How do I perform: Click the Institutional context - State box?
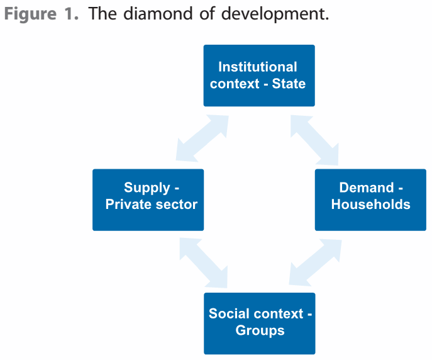point(259,76)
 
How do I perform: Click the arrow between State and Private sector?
point(202,137)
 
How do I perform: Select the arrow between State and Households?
point(315,138)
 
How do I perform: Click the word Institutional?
point(258,67)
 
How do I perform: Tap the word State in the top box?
point(289,84)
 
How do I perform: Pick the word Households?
point(370,205)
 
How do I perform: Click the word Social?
point(230,313)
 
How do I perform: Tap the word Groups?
point(260,330)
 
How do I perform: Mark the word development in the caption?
point(275,14)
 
